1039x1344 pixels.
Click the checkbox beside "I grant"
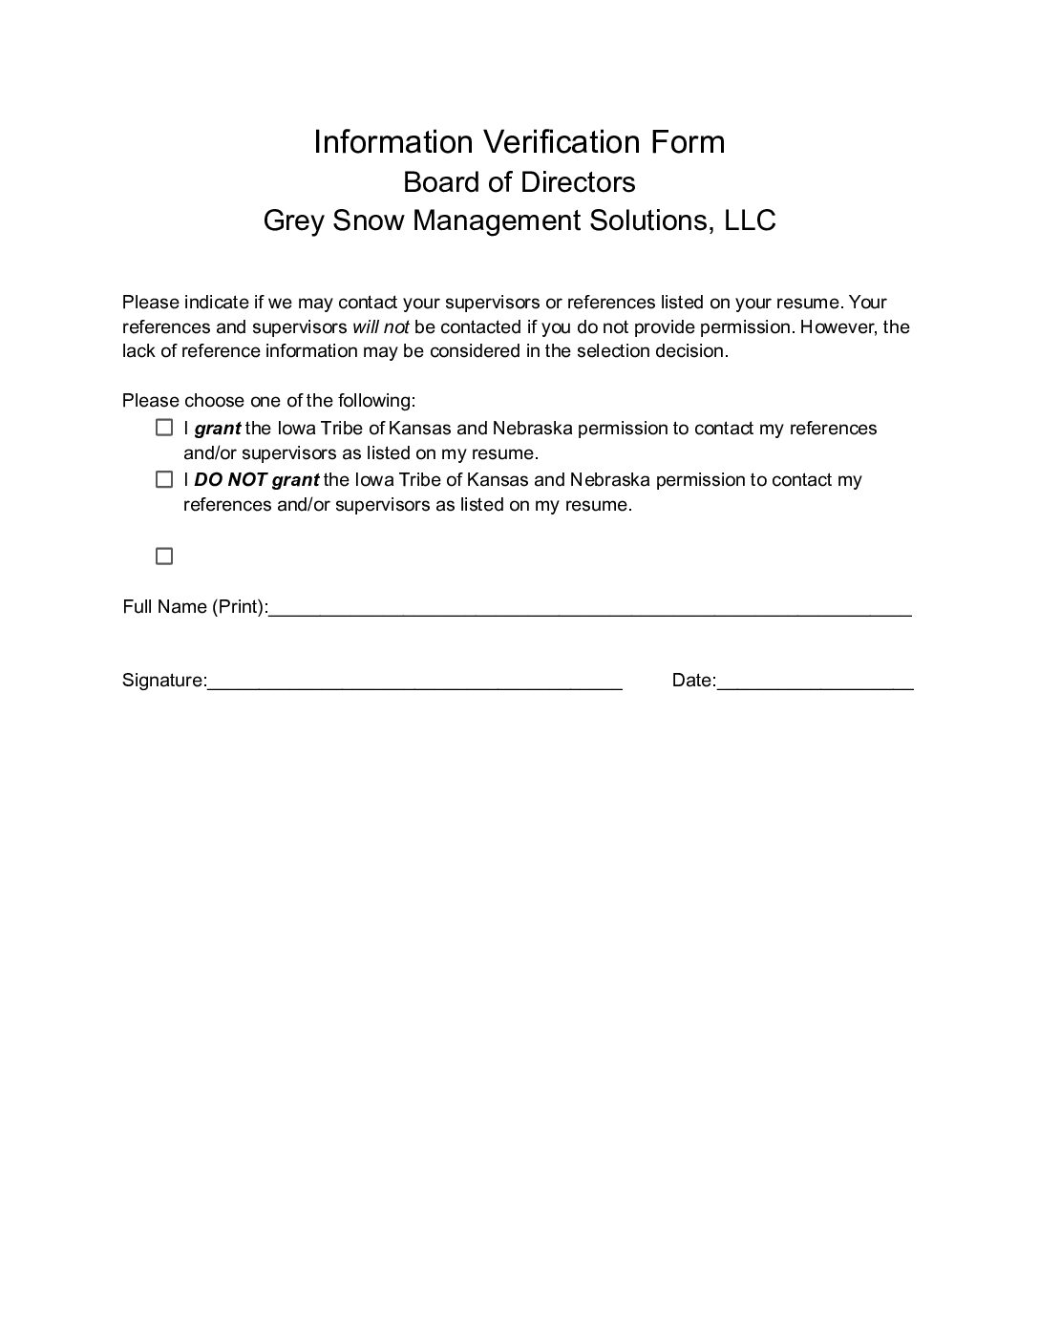click(x=164, y=428)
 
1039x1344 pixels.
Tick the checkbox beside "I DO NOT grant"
click(x=164, y=479)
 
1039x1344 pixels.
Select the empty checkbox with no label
click(x=164, y=556)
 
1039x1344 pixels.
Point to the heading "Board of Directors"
click(x=519, y=181)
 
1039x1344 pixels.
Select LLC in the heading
click(x=750, y=220)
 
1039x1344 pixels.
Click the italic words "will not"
click(x=381, y=326)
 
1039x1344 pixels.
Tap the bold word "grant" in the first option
click(x=218, y=429)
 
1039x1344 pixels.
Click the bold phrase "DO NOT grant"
click(x=256, y=479)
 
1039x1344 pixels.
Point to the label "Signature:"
click(x=164, y=681)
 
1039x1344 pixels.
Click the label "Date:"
click(x=693, y=681)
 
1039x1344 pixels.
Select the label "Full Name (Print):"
click(x=195, y=607)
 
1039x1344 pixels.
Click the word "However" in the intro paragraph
click(x=838, y=326)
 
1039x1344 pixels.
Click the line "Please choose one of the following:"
click(x=268, y=400)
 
